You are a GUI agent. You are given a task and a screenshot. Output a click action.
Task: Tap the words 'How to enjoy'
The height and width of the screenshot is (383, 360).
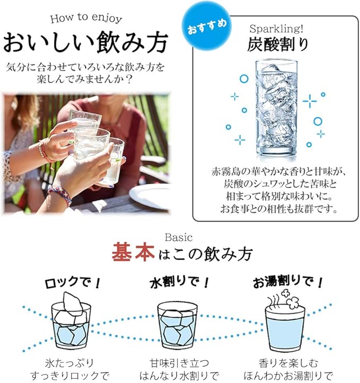86,19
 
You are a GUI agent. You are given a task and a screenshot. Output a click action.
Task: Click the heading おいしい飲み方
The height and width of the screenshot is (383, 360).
85,42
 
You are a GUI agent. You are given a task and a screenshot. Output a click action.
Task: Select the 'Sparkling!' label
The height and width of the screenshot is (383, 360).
276,29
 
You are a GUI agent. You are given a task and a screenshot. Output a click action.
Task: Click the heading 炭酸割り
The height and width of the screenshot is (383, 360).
277,44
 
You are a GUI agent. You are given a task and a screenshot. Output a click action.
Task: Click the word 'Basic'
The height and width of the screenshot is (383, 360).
179,237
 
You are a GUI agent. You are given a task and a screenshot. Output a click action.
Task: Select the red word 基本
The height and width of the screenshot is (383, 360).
133,252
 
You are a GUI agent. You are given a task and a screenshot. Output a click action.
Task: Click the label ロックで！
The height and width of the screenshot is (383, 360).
73,283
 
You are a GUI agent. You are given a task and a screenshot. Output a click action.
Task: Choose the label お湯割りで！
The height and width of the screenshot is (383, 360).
288,282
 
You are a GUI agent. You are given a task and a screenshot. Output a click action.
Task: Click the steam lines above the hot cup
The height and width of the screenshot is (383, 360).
273,301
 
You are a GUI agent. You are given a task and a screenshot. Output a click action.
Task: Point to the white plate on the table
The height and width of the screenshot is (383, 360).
150,196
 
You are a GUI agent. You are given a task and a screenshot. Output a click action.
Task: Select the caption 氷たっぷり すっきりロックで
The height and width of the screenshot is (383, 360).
69,369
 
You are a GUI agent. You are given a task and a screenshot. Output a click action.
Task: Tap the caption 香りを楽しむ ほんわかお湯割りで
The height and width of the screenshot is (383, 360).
288,369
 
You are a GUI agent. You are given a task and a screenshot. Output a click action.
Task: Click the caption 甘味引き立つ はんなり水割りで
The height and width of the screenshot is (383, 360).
179,369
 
